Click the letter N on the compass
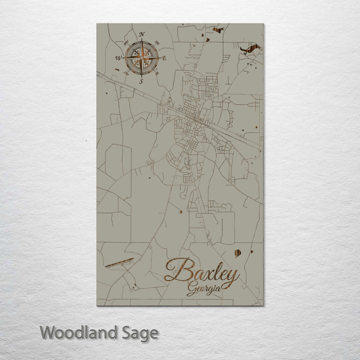(142, 34)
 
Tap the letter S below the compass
(141, 81)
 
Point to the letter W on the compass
(118, 58)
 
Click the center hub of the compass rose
(142, 58)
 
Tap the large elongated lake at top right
(250, 48)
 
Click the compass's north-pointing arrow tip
(142, 41)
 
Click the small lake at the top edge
(217, 30)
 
